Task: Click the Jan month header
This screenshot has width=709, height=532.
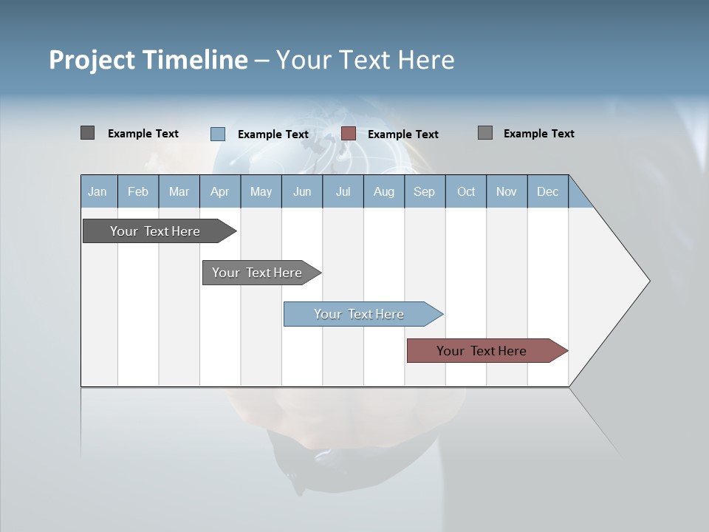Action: (x=97, y=191)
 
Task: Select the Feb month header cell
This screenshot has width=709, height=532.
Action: (x=138, y=191)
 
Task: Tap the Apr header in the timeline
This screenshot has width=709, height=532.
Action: (x=219, y=191)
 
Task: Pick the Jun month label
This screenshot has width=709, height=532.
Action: (x=302, y=191)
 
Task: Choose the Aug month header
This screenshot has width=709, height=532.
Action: (x=383, y=191)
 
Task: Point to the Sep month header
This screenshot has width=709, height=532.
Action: (x=424, y=191)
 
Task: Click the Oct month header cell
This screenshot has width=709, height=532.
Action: (x=466, y=191)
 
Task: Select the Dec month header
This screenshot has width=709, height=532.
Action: (x=547, y=191)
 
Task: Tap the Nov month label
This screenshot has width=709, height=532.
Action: (x=507, y=191)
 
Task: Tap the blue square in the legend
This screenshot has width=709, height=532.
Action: (x=218, y=134)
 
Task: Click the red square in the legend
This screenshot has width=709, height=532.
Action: (x=349, y=133)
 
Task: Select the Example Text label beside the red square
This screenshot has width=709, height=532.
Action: (x=403, y=134)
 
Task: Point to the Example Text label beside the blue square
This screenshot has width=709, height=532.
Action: (x=273, y=134)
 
